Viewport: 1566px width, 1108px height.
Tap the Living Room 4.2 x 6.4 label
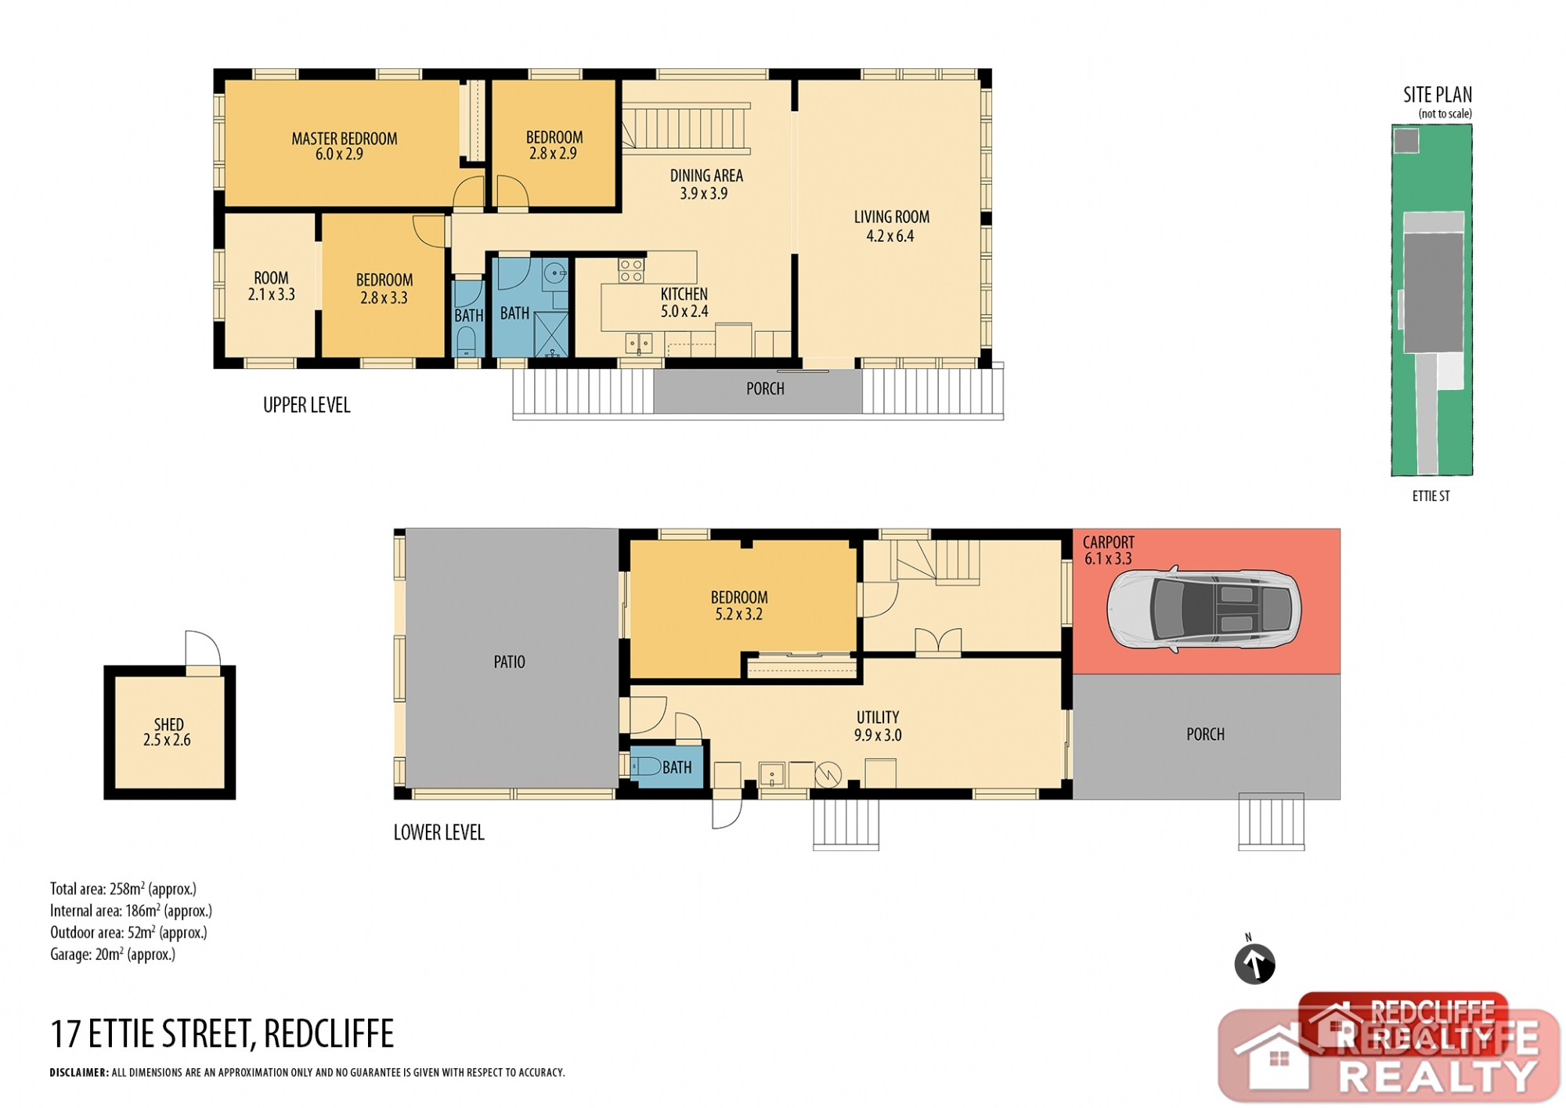891,226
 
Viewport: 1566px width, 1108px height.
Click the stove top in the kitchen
631,270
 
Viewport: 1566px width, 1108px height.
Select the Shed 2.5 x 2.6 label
168,732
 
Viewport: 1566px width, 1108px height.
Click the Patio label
509,662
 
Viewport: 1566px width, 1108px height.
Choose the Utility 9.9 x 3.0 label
878,726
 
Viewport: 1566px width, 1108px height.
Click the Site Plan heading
1437,95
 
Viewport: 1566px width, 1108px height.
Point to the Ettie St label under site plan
1431,496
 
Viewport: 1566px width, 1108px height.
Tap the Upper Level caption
306,405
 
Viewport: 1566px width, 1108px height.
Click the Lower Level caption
438,832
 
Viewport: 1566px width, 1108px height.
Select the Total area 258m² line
123,889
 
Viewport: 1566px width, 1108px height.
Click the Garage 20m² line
113,955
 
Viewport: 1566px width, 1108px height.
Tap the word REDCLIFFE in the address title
329,1034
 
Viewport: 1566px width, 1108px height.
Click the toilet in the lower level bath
646,766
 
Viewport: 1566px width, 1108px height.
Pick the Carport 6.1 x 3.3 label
1108,550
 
